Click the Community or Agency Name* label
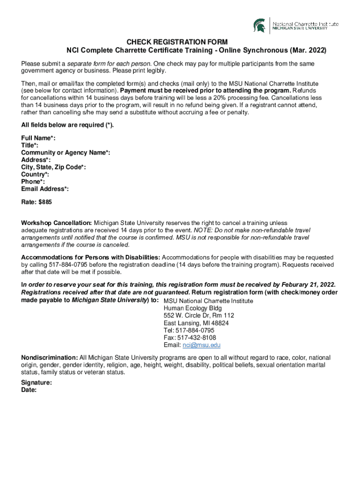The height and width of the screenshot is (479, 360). [65, 152]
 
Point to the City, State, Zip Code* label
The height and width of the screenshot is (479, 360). [53, 167]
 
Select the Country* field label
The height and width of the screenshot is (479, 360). [35, 174]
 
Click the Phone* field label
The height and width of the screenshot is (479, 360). [33, 181]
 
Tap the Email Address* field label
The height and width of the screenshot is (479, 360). [45, 189]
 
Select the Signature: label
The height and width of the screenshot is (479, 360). [36, 382]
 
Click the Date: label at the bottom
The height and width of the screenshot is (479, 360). [29, 390]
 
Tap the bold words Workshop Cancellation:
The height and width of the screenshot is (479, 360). [57, 223]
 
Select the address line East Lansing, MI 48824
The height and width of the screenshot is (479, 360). [196, 323]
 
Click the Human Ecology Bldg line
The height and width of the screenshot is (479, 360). [193, 308]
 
